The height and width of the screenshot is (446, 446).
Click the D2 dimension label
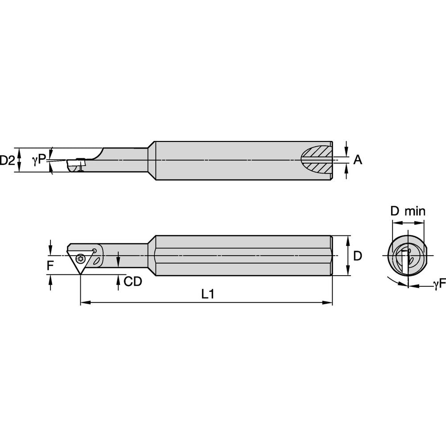tap(8, 160)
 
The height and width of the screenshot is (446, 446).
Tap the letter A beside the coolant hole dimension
tap(358, 160)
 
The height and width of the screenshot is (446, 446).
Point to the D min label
tap(408, 211)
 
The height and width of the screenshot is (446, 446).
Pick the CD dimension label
tap(132, 281)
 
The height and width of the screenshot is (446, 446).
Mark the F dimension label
tap(51, 266)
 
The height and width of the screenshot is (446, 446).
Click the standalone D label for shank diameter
tap(357, 256)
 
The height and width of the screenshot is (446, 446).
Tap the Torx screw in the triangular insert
tap(81, 257)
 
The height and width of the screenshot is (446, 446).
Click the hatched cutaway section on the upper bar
tap(316, 160)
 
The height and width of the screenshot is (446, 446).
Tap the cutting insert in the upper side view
tap(76, 165)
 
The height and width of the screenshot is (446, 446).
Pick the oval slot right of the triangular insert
tap(97, 260)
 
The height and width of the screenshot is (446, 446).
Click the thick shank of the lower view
tap(243, 256)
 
